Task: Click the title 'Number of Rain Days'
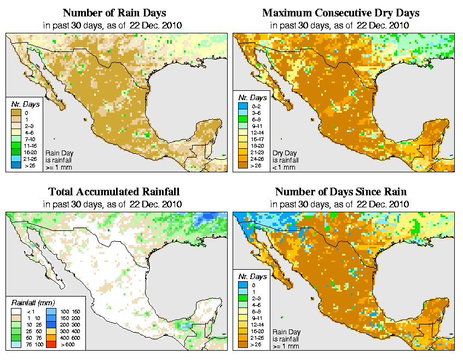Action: click(x=114, y=13)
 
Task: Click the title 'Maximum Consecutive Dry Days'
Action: click(x=340, y=13)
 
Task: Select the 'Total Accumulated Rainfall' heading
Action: click(x=114, y=191)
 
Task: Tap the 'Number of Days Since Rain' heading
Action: click(x=340, y=191)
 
